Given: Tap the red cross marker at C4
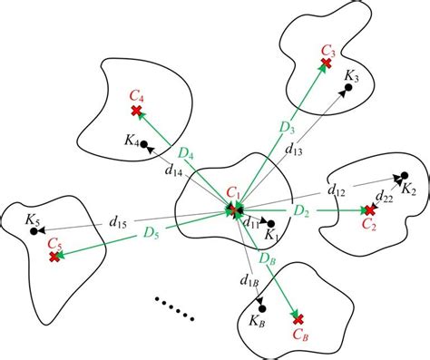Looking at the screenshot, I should tap(136, 111).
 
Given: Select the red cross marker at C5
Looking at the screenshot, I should tap(55, 258).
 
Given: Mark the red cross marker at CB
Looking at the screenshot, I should tap(298, 317).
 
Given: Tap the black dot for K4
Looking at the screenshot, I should tap(144, 143).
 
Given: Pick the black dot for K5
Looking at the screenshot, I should tap(34, 232).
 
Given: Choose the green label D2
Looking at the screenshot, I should tap(302, 209).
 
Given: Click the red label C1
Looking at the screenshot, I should tap(234, 193).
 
